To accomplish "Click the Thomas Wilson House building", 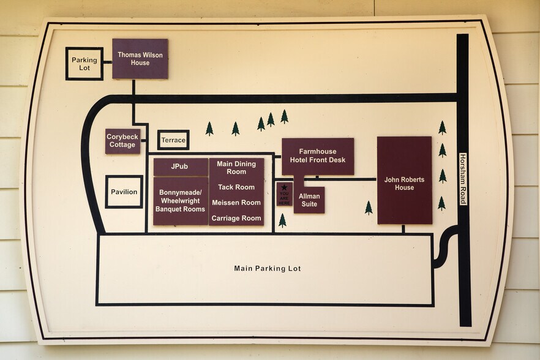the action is point(140,59).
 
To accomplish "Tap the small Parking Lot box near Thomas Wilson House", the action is point(84,64).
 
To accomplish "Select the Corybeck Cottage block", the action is point(122,141).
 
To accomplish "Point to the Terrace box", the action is point(173,140).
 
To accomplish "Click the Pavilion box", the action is point(124,192).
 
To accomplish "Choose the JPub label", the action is point(180,167).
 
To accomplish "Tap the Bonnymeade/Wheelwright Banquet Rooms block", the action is point(181,201).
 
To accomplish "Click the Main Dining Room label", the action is point(236,168).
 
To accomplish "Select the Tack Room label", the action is point(236,187).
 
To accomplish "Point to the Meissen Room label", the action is point(236,203).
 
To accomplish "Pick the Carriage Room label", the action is point(236,218).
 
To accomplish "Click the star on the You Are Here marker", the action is point(284,187).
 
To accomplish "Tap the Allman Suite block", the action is point(309,200).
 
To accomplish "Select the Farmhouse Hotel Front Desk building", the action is point(318,157).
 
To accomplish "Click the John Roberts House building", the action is point(404,180).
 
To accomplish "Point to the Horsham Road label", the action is point(463,179).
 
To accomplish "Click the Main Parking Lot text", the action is point(267,268).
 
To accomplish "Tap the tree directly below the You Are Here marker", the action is point(282,220).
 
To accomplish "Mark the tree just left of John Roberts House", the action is point(369,208).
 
